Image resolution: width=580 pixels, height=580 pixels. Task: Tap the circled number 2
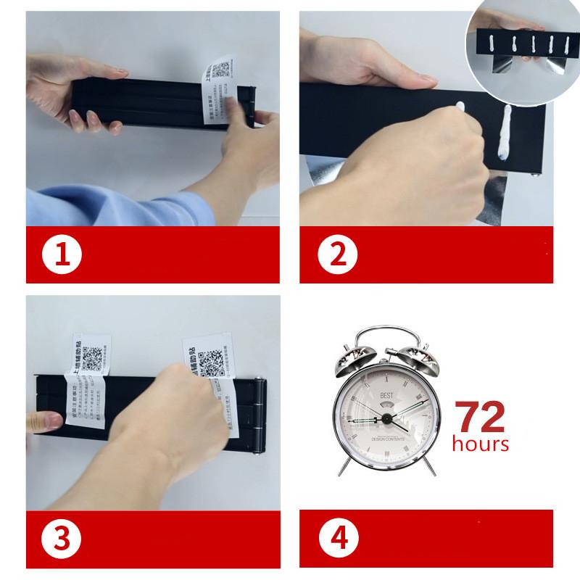pos(336,256)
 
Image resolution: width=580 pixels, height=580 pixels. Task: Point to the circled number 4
pos(336,539)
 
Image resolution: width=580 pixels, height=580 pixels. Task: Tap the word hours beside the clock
pos(481,443)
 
